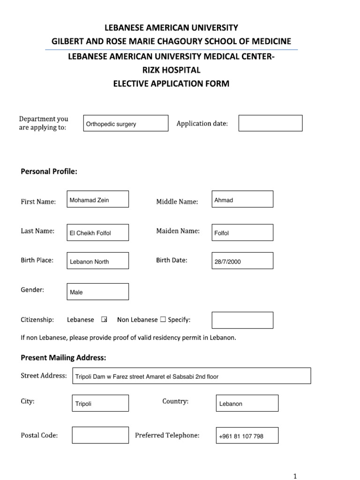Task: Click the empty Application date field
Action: coord(270,123)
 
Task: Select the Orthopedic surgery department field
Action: coord(125,123)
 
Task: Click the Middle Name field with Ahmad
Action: coord(242,199)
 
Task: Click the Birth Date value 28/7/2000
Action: coord(242,261)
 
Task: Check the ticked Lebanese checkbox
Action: coord(104,320)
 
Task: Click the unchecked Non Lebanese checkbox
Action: coord(163,320)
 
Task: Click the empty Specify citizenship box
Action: coord(242,320)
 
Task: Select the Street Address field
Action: coord(191,376)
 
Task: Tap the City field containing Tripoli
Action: coord(100,403)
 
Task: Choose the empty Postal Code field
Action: coord(100,435)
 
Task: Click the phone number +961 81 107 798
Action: coord(247,435)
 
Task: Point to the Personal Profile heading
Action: coord(49,172)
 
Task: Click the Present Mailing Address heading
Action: coord(63,358)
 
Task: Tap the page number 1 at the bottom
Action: coord(295,476)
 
